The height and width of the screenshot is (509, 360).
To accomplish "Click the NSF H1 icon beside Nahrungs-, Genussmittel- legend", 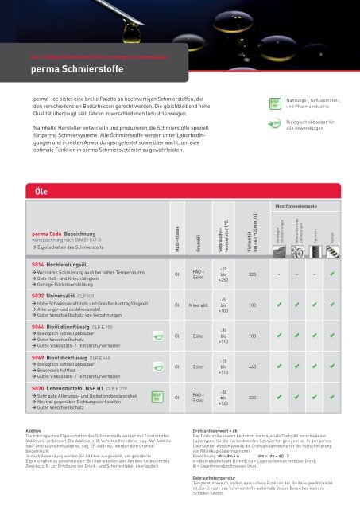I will pyautogui.click(x=272, y=103).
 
